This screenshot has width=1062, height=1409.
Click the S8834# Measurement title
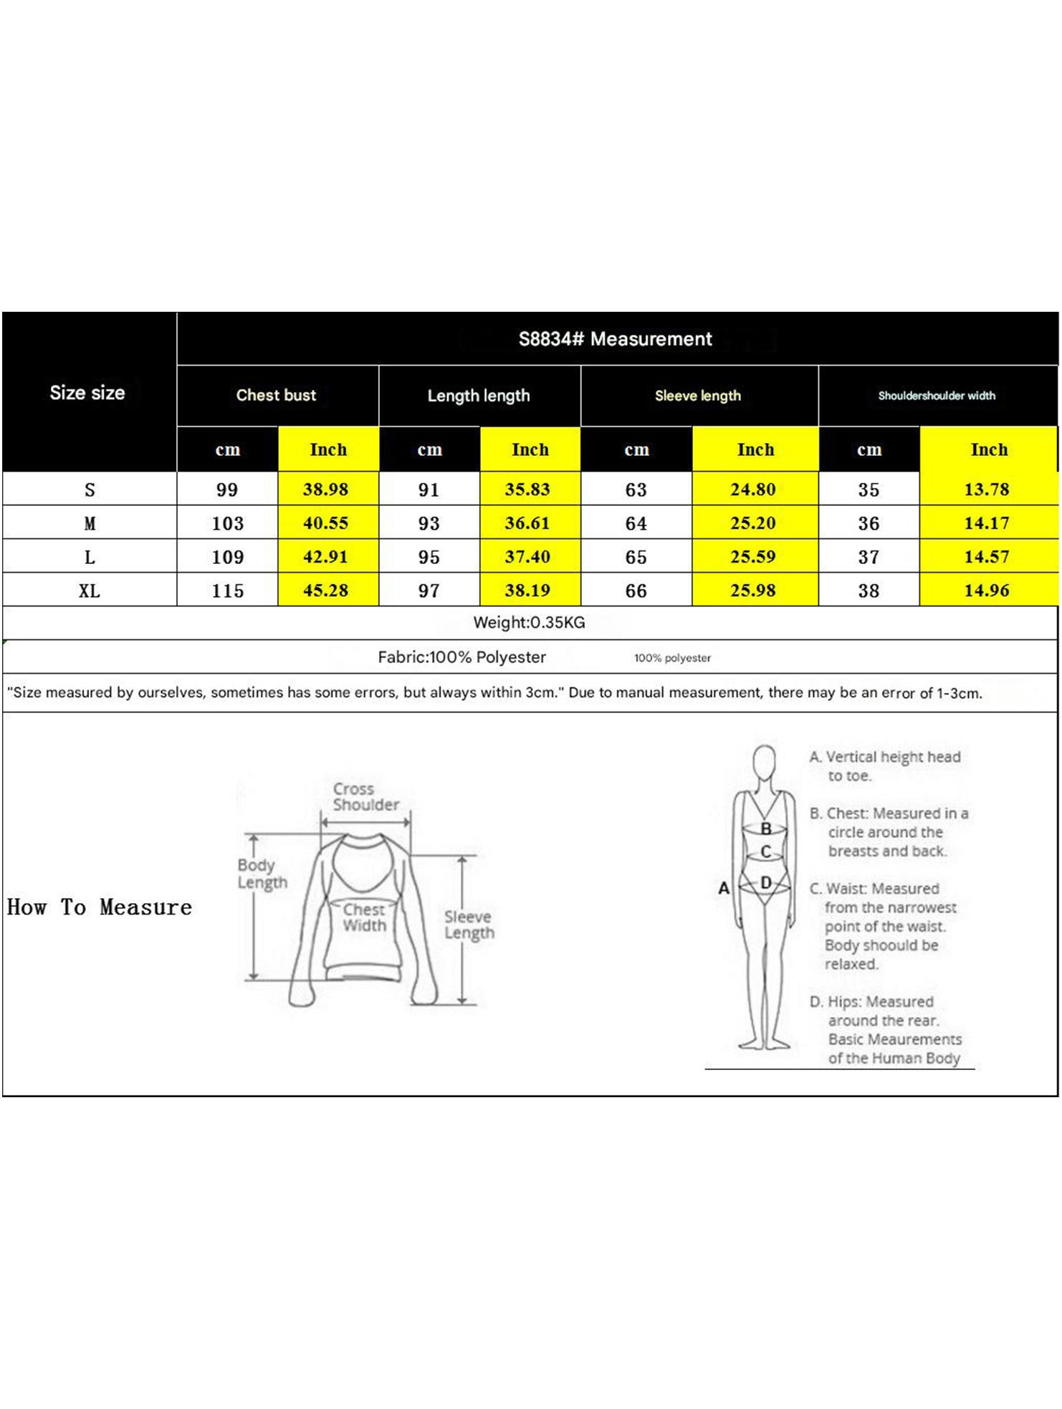(615, 339)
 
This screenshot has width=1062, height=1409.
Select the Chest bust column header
(276, 395)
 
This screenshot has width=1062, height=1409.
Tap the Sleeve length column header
(697, 396)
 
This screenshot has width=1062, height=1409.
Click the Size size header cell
(87, 393)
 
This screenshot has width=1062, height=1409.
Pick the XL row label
(90, 591)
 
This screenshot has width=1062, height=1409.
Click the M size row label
(90, 524)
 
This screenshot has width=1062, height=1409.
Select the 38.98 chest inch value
(325, 489)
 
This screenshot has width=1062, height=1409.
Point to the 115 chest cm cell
(227, 591)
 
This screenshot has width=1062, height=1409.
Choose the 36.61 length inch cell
(527, 523)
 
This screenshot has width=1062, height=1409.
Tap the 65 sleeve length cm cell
(636, 557)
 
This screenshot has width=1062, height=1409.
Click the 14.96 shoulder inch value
(987, 591)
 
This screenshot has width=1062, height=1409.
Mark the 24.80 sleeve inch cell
(752, 489)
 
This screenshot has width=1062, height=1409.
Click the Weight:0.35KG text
(529, 623)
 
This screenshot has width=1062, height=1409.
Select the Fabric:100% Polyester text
(461, 657)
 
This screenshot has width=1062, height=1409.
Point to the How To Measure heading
(100, 907)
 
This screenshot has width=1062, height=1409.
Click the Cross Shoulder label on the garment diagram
(365, 797)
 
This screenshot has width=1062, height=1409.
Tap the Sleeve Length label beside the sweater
(469, 925)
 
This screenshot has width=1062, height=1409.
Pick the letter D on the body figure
(766, 883)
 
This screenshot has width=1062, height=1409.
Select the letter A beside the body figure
(724, 889)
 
